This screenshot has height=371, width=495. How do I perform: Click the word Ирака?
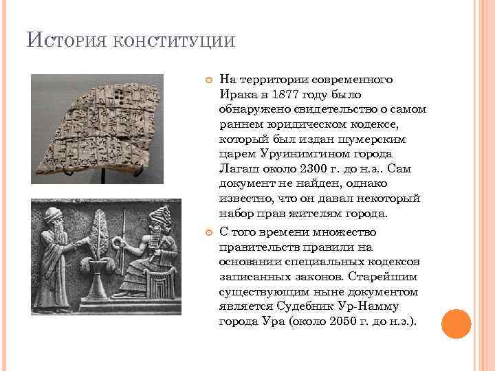point(237,94)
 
